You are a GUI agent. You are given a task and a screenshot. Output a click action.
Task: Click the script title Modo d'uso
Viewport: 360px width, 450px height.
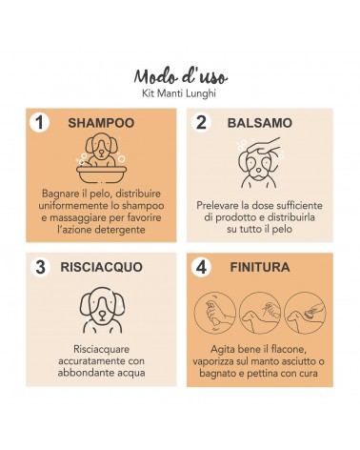click(x=181, y=76)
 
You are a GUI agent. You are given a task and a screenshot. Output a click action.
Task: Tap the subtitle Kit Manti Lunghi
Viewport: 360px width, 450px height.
click(x=179, y=93)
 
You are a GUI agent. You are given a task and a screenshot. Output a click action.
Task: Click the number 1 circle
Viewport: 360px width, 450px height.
click(x=39, y=122)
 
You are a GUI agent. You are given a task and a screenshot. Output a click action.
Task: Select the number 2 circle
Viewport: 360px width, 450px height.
click(x=201, y=122)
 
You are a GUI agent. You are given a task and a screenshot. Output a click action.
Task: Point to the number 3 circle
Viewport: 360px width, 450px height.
click(x=40, y=267)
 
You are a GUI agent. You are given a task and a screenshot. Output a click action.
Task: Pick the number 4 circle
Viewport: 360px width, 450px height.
click(x=201, y=267)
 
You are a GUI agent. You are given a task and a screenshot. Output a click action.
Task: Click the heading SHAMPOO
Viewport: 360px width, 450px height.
click(x=101, y=123)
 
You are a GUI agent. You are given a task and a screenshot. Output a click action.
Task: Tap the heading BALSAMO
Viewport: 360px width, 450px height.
click(x=260, y=123)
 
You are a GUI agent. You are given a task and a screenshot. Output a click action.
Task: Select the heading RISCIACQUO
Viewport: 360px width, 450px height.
click(x=101, y=267)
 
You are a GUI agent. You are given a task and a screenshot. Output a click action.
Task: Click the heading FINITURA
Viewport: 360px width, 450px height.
click(x=260, y=267)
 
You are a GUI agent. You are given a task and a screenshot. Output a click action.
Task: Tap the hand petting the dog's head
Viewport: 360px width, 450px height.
click(x=266, y=145)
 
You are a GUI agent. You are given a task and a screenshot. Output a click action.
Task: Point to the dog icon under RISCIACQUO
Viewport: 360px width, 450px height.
click(x=102, y=310)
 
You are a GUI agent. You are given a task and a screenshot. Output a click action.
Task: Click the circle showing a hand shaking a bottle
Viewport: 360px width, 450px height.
click(x=214, y=313)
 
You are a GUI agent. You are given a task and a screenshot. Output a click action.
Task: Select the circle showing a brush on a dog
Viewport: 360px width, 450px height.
click(x=305, y=313)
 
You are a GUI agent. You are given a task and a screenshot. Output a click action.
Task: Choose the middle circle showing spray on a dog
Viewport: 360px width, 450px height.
click(x=260, y=313)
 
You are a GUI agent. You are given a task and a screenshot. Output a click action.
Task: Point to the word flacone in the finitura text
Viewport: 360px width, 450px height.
click(x=289, y=349)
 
